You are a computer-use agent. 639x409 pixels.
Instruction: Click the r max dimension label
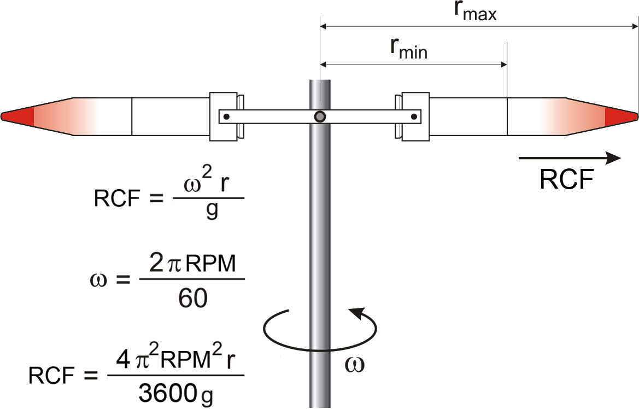(x=475, y=12)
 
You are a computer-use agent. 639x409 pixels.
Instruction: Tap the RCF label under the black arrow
(x=566, y=179)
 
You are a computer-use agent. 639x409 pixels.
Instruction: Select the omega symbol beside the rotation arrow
(x=355, y=364)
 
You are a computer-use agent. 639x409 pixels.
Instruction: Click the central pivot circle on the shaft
(x=320, y=116)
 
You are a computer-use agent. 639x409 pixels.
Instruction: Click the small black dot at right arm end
(x=414, y=116)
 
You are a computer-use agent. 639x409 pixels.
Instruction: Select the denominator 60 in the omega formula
(x=192, y=298)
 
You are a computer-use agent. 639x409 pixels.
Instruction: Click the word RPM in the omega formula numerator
(x=214, y=265)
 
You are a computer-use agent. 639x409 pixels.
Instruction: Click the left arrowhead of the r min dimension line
(x=324, y=65)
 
